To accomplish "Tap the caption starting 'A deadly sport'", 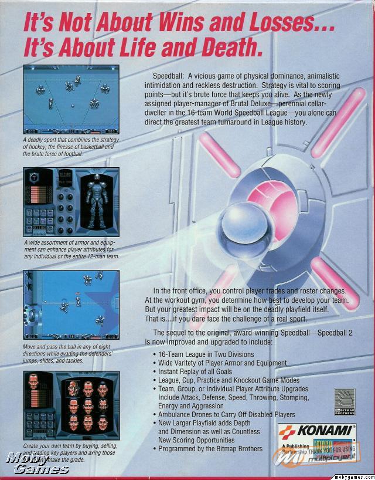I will point(71,146).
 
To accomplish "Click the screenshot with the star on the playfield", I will point(71,305).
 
